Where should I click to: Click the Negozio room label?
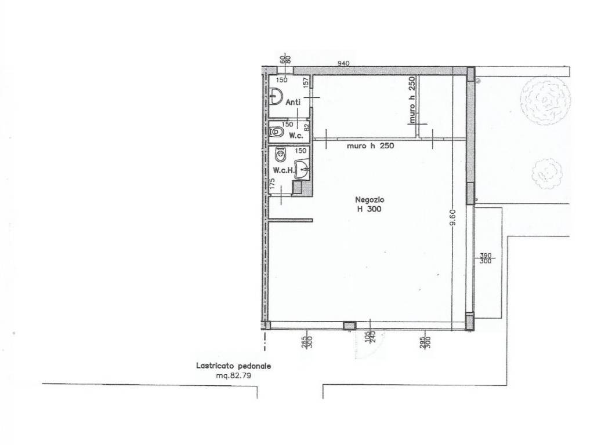[370, 199]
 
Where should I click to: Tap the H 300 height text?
[370, 209]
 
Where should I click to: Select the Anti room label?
[293, 102]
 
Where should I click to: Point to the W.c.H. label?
[284, 170]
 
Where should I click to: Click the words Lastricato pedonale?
[233, 366]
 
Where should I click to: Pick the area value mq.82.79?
[233, 375]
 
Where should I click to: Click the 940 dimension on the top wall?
[343, 63]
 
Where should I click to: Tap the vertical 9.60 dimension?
[452, 217]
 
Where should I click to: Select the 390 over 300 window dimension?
[486, 258]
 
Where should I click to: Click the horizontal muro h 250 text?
[370, 145]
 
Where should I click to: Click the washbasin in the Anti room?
[277, 96]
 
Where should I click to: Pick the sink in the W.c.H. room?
[302, 169]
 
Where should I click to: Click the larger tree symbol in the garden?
[545, 100]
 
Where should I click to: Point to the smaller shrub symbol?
[546, 174]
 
